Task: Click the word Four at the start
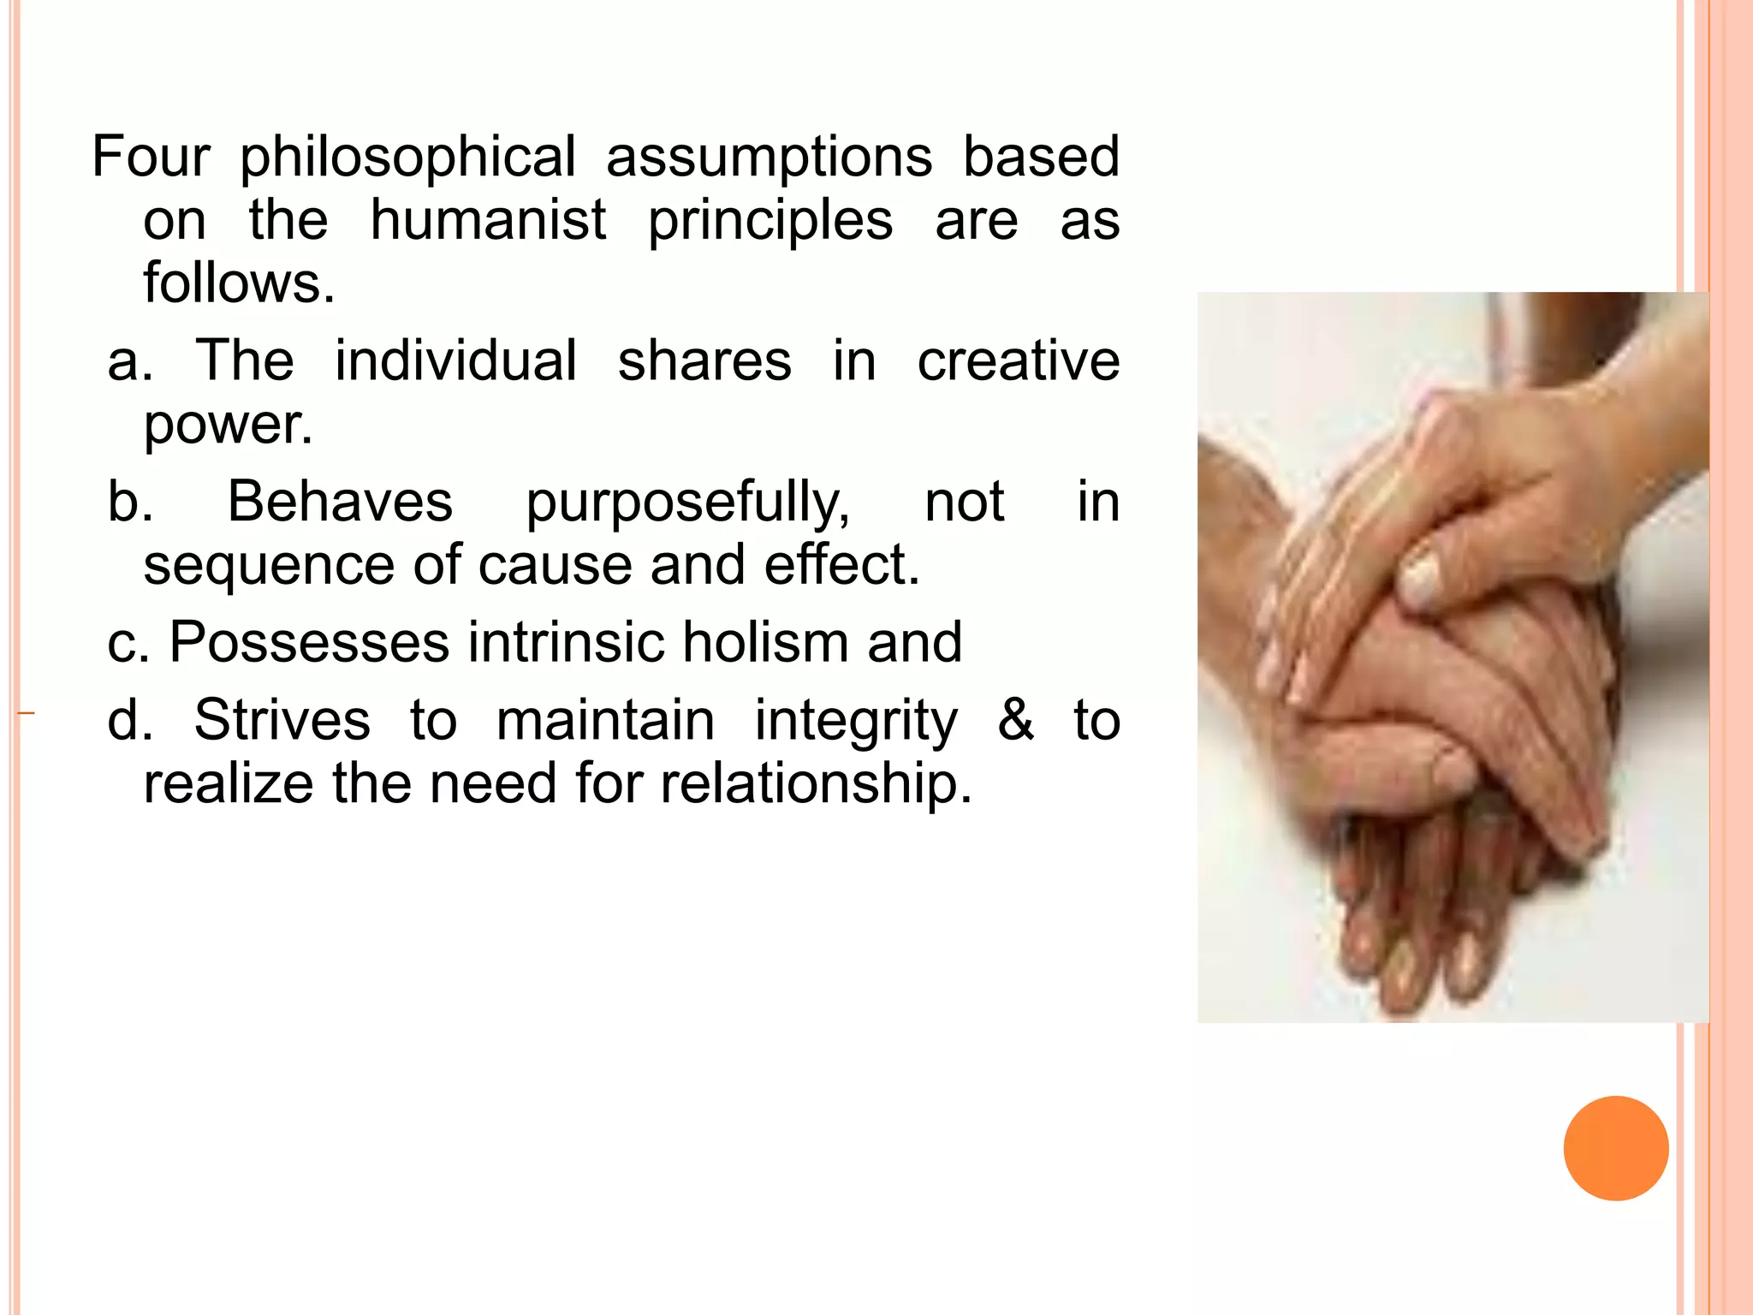[151, 157]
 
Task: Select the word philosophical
[407, 158]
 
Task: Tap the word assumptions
[769, 158]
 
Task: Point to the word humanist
[488, 220]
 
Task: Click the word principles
[770, 222]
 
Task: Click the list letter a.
[128, 360]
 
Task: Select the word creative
[1018, 360]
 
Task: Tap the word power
[227, 424]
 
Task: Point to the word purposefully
[687, 503]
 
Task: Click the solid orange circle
[1615, 1148]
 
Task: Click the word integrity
[855, 721]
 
